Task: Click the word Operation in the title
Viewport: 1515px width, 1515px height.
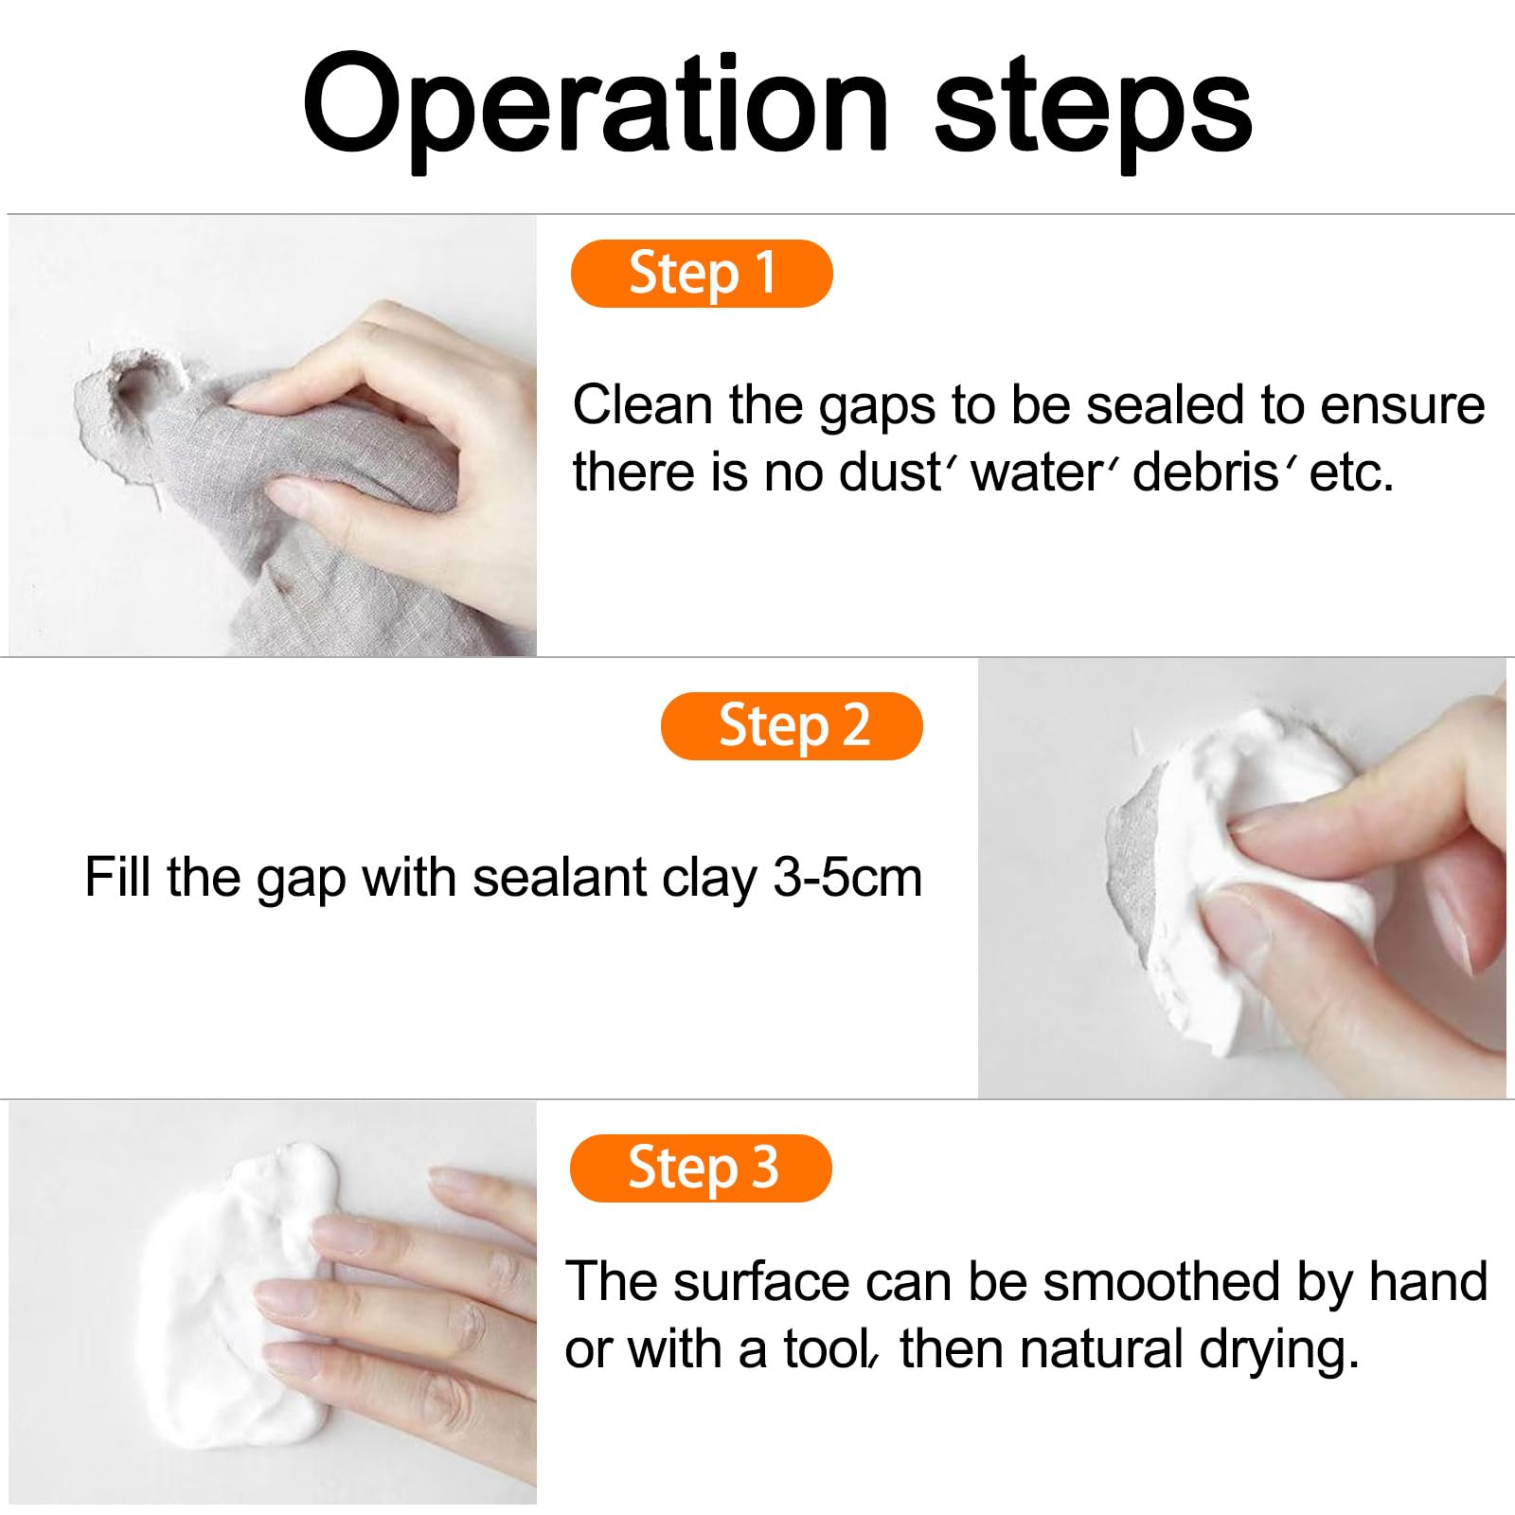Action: click(595, 106)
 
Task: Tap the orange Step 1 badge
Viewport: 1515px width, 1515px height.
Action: click(702, 274)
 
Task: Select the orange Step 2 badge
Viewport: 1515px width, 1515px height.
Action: click(792, 726)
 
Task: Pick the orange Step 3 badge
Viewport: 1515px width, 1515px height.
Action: click(701, 1167)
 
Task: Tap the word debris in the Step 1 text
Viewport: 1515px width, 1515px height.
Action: click(1205, 472)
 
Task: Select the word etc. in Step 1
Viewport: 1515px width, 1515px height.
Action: click(1351, 472)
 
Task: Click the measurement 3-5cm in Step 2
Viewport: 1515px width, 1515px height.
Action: click(847, 878)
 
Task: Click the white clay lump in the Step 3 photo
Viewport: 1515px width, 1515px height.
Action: click(237, 1307)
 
